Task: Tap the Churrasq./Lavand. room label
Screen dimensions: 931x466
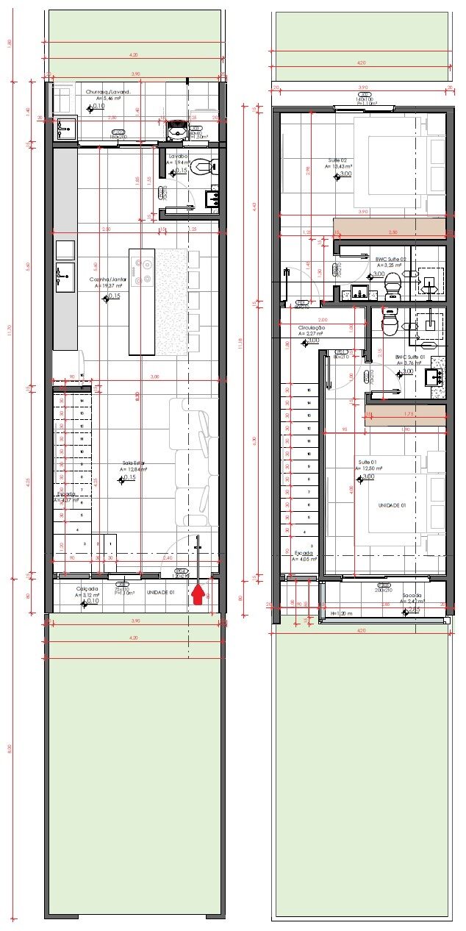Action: (108, 92)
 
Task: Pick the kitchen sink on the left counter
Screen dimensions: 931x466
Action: (65, 277)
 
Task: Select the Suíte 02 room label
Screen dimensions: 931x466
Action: (337, 160)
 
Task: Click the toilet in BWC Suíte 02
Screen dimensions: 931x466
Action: (393, 282)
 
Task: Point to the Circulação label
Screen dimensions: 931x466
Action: (312, 327)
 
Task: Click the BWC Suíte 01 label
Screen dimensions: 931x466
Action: (410, 357)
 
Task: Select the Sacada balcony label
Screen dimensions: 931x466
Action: (411, 596)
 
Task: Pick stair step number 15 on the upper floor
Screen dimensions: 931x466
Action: (309, 390)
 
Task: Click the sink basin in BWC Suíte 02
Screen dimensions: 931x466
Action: (359, 293)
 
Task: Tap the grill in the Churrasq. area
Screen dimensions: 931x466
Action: (177, 129)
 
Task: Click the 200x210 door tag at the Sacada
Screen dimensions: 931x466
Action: (382, 590)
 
